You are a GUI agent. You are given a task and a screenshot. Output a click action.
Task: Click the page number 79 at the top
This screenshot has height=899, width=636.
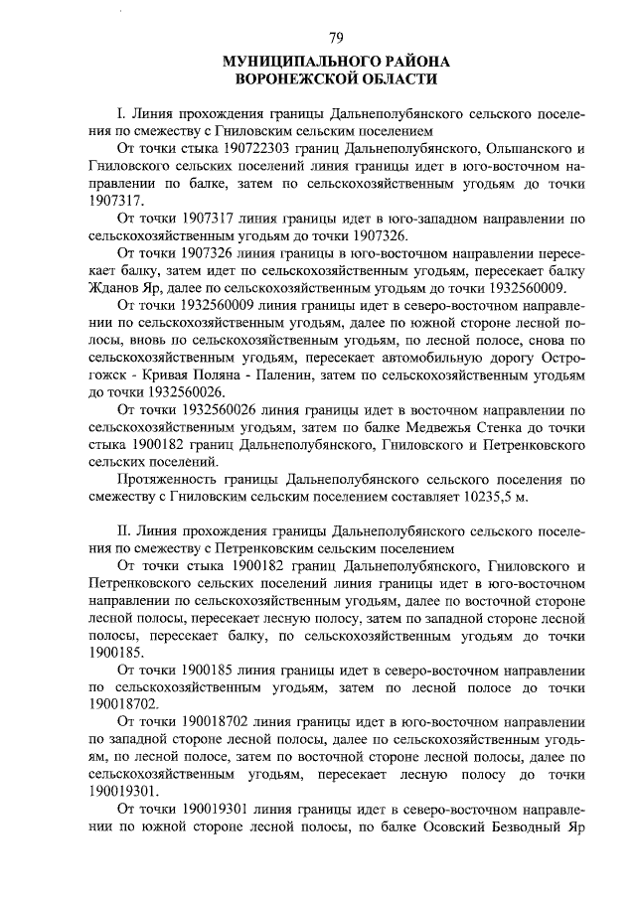pos(336,38)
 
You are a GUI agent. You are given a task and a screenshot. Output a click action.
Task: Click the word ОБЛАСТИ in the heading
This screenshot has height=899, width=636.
pos(403,78)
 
